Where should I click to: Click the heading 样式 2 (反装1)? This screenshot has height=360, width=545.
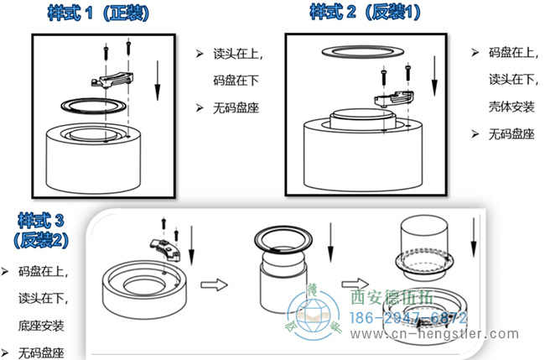[365, 13]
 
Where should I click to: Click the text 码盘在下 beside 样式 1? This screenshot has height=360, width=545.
[234, 81]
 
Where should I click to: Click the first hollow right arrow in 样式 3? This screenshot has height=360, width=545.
[216, 284]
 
